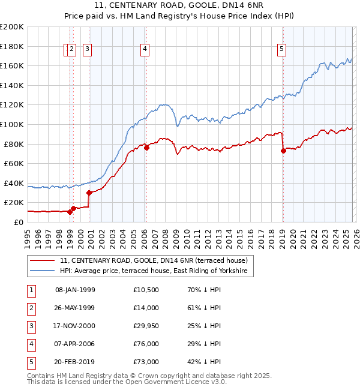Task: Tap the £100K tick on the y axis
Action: click(12, 124)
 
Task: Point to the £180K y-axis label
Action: click(12, 46)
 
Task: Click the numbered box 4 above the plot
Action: click(145, 50)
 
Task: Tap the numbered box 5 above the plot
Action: click(282, 50)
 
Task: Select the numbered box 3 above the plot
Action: click(87, 50)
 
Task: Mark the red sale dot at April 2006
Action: click(146, 148)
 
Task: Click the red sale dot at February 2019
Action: click(283, 151)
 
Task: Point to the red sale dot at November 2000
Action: click(89, 193)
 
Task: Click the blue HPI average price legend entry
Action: click(156, 271)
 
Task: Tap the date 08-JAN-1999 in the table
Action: click(75, 290)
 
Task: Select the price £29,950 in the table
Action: click(146, 326)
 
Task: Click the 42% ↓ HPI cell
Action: click(204, 362)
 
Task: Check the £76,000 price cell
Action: click(146, 344)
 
